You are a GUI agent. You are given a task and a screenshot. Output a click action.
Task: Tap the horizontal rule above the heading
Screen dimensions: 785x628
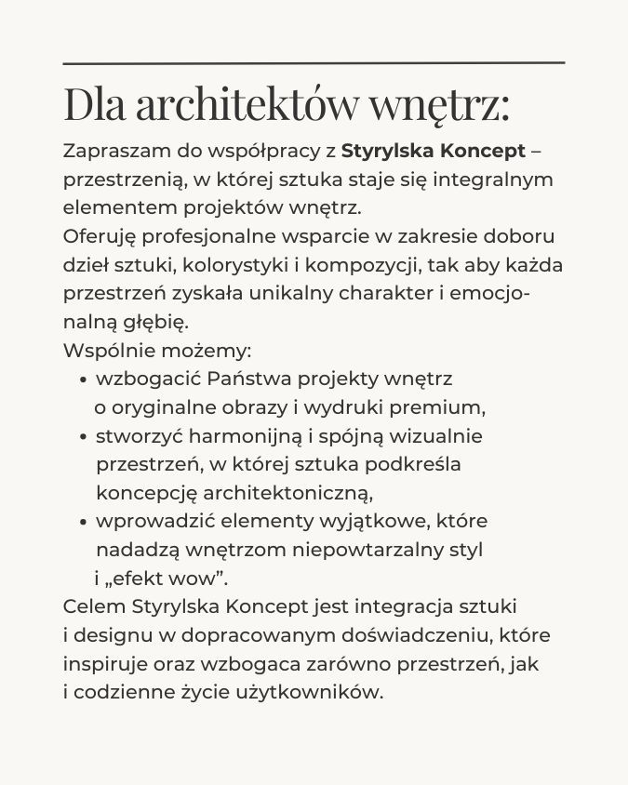click(314, 62)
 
